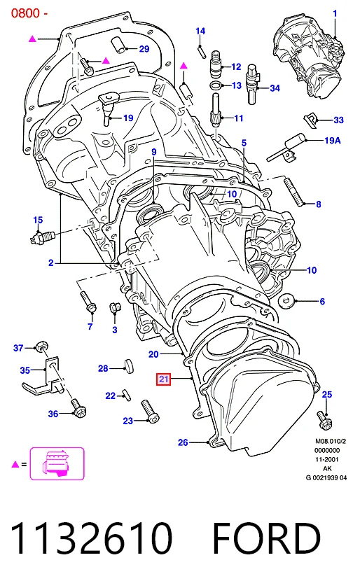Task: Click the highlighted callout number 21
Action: [x=163, y=379]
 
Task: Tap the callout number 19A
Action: [x=332, y=140]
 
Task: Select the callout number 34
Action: [x=275, y=88]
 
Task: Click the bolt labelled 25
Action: [x=324, y=420]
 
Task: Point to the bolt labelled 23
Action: [x=150, y=412]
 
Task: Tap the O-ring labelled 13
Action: [x=216, y=85]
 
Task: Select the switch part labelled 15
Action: [x=42, y=237]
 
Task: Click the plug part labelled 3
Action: [x=114, y=308]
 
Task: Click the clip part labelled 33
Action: [x=310, y=119]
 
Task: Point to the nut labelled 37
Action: [x=41, y=346]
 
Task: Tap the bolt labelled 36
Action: [x=78, y=408]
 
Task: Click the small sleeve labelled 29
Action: [x=119, y=45]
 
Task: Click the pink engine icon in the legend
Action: [x=57, y=463]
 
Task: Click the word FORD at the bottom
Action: [x=266, y=538]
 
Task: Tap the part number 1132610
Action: [x=91, y=538]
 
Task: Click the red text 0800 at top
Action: [x=25, y=13]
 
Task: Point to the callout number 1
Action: [x=335, y=13]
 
